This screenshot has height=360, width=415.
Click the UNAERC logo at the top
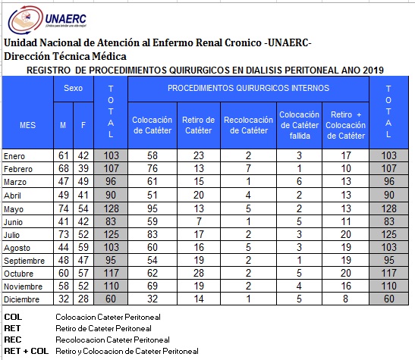[47, 20]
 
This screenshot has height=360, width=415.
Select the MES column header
[27, 125]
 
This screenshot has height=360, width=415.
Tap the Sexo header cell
[74, 88]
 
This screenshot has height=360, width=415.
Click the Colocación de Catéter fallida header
[300, 125]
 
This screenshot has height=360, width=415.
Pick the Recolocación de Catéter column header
[248, 125]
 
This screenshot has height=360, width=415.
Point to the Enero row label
[14, 156]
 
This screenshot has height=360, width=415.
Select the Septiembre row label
[24, 261]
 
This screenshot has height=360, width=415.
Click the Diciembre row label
[22, 299]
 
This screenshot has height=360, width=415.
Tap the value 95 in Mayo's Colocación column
[152, 208]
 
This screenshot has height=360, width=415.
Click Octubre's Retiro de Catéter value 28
[199, 273]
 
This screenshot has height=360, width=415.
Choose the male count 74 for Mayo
[64, 208]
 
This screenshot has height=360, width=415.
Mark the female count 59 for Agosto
[83, 247]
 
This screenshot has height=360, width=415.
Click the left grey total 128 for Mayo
[112, 208]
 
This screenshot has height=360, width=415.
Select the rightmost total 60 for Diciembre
[389, 299]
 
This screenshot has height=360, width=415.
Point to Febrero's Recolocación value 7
[248, 168]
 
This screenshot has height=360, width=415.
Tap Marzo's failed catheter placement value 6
[299, 181]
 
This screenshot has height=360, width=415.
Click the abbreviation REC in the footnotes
[13, 340]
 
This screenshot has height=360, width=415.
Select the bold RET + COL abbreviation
[27, 351]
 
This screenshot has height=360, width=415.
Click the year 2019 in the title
[373, 70]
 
